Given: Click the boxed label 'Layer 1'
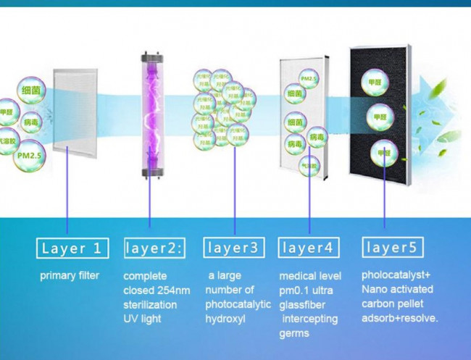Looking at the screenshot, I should coord(72,249).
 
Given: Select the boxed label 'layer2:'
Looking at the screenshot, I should coord(154,249).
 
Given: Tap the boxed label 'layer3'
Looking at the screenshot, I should coord(233,248).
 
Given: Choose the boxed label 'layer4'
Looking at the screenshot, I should coord(309,248).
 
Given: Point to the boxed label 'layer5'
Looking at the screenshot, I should coord(391,248).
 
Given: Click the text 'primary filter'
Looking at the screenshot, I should coord(70,276).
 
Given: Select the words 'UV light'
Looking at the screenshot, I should coord(143,319).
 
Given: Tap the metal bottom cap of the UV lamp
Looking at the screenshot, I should coord(151,172).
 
